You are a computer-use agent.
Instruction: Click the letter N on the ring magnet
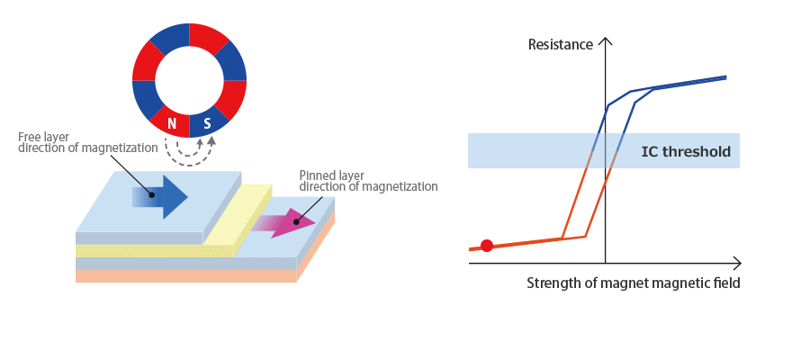[172, 124]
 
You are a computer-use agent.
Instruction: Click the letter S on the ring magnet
[207, 124]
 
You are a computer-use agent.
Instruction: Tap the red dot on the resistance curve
[487, 245]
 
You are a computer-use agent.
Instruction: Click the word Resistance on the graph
[560, 44]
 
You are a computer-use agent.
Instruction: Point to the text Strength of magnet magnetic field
[633, 283]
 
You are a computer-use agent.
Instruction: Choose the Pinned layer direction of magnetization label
[368, 180]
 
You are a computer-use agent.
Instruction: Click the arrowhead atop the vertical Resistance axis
[605, 41]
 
